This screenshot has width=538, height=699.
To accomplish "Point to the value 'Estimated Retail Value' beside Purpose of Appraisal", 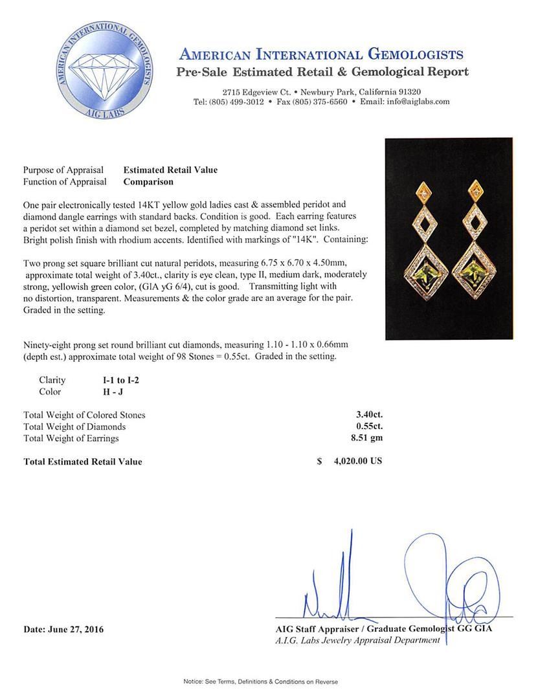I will (170, 170).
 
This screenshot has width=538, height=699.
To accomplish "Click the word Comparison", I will (148, 182).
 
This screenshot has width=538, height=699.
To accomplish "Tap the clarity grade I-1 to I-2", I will (117, 381).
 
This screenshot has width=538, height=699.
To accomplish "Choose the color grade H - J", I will (106, 392).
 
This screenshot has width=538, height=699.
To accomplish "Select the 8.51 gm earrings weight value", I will (366, 438).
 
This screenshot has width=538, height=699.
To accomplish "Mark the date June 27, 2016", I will (63, 629).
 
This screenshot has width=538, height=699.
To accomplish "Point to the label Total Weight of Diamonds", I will (74, 427).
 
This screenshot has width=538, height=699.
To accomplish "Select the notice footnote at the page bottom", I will (261, 682).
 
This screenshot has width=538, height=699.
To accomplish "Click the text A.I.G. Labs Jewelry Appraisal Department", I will (357, 640).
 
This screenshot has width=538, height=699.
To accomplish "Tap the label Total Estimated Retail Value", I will (83, 461).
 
